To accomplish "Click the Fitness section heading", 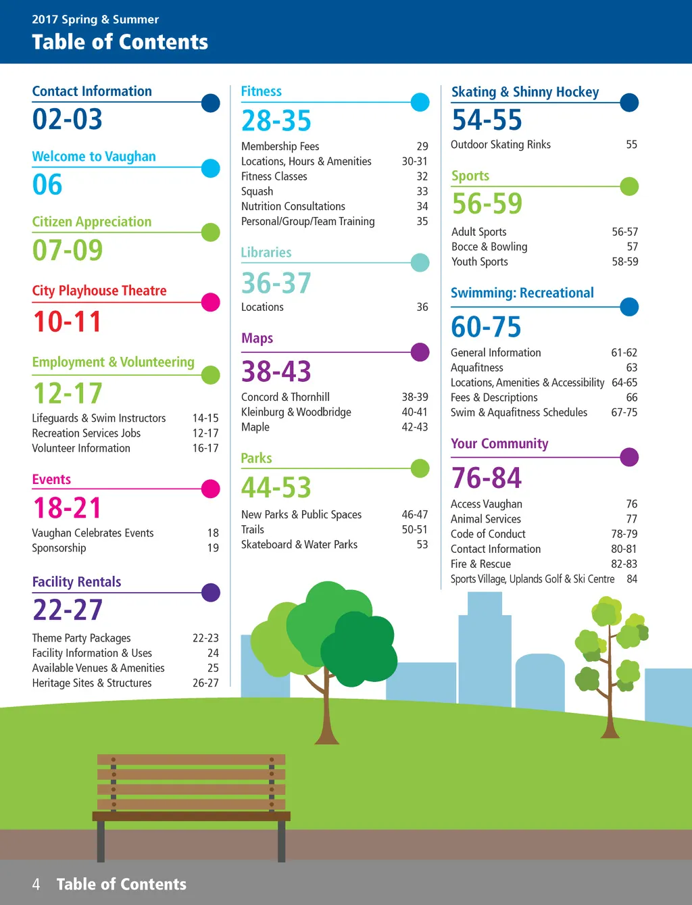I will pos(262,91).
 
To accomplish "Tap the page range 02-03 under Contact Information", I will pos(68,120).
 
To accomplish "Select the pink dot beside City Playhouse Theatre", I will pos(211,302).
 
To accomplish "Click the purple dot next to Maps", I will pos(420,352).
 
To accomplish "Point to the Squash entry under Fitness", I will pos(257,191).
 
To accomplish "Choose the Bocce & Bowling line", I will pos(489,247).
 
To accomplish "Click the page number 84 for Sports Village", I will pos(632,579).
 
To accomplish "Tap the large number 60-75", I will pos(487,327).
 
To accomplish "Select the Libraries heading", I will pos(266,253).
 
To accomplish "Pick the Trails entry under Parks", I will pos(253,529).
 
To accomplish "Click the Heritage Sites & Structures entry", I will pos(92,683).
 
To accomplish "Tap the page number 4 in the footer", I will pos(36,884).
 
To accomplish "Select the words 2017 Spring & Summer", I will pos(95,20).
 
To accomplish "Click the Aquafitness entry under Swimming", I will pos(477,368).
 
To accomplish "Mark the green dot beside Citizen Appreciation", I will pos(211,233).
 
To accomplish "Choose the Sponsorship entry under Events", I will pos(59,547).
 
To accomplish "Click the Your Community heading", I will pos(499,444).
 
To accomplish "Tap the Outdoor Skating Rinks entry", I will pos(501,145).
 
